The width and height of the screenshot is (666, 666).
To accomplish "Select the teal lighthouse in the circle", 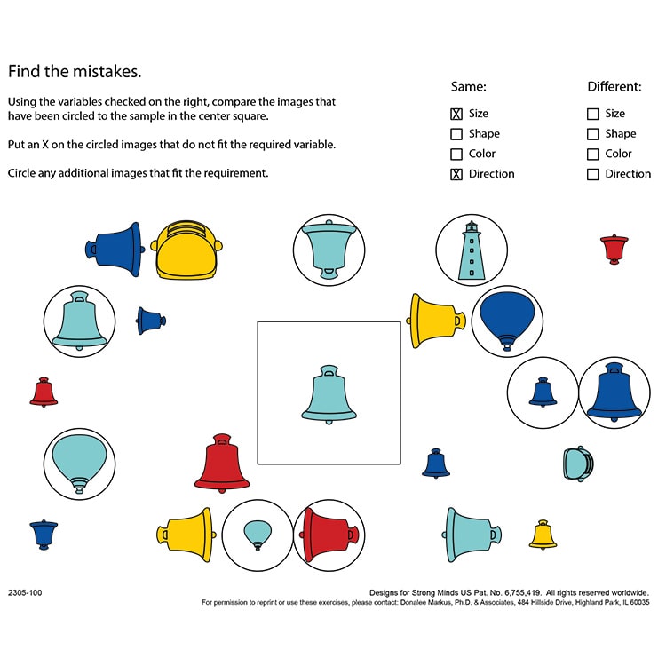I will pos(471,250).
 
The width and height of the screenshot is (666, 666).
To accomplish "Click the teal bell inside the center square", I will pos(329,392).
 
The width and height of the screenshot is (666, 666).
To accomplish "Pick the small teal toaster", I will pos(577,463).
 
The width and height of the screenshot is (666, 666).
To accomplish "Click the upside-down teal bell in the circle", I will pos(329,250).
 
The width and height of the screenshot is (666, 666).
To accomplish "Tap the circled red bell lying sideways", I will pos(329,535).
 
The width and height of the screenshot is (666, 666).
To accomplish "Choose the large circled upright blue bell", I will pos(614,392).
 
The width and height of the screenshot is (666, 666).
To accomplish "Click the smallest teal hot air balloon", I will pos(258,534).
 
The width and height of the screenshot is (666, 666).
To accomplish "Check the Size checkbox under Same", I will pos(456,114).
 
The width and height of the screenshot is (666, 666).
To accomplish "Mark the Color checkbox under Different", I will pos(593,154).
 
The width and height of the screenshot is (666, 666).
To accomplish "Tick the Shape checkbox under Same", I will pos(456,134).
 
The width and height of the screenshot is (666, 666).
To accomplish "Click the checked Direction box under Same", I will pos(456,174).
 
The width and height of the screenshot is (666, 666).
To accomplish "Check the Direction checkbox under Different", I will pos(593,174).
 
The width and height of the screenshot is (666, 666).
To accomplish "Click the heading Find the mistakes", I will pos(75,71).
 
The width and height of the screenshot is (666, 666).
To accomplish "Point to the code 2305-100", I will pos(25,591).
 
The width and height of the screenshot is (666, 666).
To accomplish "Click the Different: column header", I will pos(614,87).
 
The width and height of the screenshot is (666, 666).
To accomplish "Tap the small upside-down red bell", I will pos(614,249).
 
